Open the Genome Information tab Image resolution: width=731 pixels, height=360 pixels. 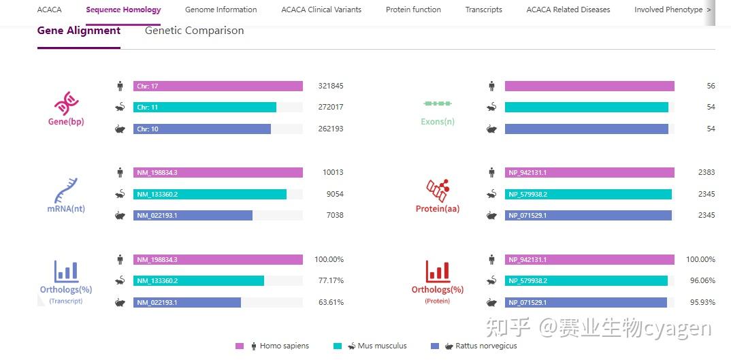point(221,10)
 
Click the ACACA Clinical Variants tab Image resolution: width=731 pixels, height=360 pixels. point(321,10)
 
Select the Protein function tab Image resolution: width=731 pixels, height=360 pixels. point(413,10)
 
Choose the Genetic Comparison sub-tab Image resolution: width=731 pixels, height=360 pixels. point(194,31)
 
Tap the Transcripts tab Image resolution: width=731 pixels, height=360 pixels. point(483,10)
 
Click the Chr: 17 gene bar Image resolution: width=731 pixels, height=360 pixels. point(218,86)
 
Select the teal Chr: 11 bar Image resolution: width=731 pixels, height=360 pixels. point(205,108)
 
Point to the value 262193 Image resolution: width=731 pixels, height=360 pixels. point(331,129)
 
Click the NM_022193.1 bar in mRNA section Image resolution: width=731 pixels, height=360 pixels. point(193,216)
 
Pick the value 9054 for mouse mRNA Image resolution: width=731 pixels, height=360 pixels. point(335,194)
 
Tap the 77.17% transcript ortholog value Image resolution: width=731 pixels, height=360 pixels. point(331,280)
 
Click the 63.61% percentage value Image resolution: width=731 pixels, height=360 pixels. point(331,302)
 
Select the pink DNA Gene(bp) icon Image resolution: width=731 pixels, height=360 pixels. point(66,103)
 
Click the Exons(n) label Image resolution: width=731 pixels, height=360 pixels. point(438,122)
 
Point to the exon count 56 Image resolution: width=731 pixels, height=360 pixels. point(711,86)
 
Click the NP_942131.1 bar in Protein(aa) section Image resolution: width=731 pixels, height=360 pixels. point(589,173)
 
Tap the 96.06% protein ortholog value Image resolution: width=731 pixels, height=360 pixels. point(700,280)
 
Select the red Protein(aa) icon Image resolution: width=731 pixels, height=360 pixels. point(438,191)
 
